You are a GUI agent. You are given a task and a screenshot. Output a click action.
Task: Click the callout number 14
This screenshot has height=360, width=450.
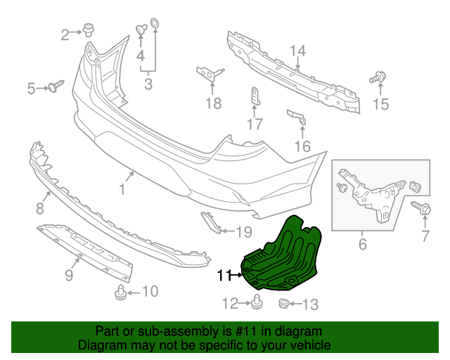click(298, 51)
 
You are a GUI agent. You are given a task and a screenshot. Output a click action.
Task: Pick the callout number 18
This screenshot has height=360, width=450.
click(213, 104)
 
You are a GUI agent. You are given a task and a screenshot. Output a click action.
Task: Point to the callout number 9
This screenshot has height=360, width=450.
click(69, 276)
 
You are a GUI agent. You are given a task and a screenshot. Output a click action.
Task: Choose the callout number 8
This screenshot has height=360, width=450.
click(39, 209)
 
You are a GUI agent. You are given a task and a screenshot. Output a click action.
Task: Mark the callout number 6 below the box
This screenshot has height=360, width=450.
click(363, 245)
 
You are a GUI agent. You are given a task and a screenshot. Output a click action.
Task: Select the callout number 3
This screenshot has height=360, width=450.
click(148, 85)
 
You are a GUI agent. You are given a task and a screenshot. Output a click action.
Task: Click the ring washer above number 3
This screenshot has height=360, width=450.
click(155, 28)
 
